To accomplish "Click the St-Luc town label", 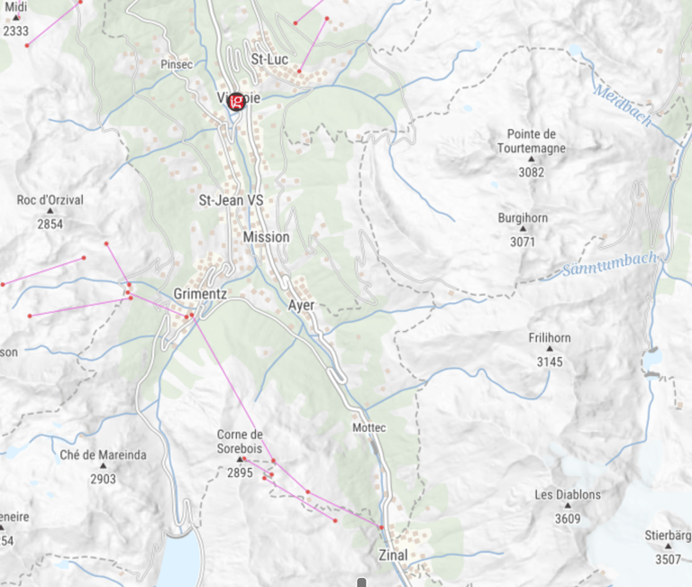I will (269, 60).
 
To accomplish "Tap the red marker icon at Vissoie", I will (237, 101).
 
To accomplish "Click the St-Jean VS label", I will (232, 200).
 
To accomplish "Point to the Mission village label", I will (267, 236).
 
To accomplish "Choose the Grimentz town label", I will (199, 294).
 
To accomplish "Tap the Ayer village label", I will (302, 305).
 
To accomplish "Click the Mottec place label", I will (369, 426).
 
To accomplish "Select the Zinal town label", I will (394, 555).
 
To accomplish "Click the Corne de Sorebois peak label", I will (240, 441).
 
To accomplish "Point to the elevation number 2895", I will (240, 472).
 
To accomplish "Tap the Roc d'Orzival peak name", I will (50, 200).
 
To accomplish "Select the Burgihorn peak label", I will (523, 218).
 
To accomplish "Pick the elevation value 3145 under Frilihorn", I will (549, 362).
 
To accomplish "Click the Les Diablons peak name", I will (568, 495).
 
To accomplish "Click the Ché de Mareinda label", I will (103, 455).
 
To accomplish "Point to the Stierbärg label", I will (668, 535).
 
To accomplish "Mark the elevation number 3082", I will (531, 171).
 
